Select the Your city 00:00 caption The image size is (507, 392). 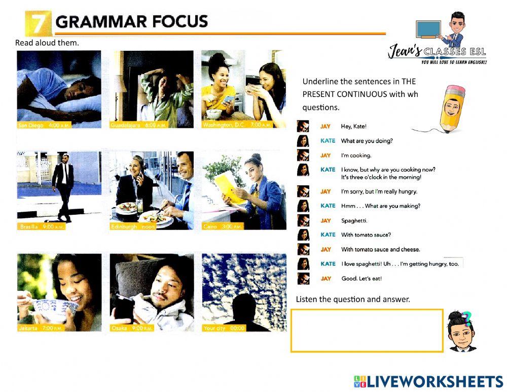pos(224,328)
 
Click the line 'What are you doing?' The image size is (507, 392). pos(367,141)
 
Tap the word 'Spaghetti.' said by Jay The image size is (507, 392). pos(354,220)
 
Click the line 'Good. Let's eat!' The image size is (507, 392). pos(361,278)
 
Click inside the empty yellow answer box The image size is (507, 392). pos(367,331)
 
